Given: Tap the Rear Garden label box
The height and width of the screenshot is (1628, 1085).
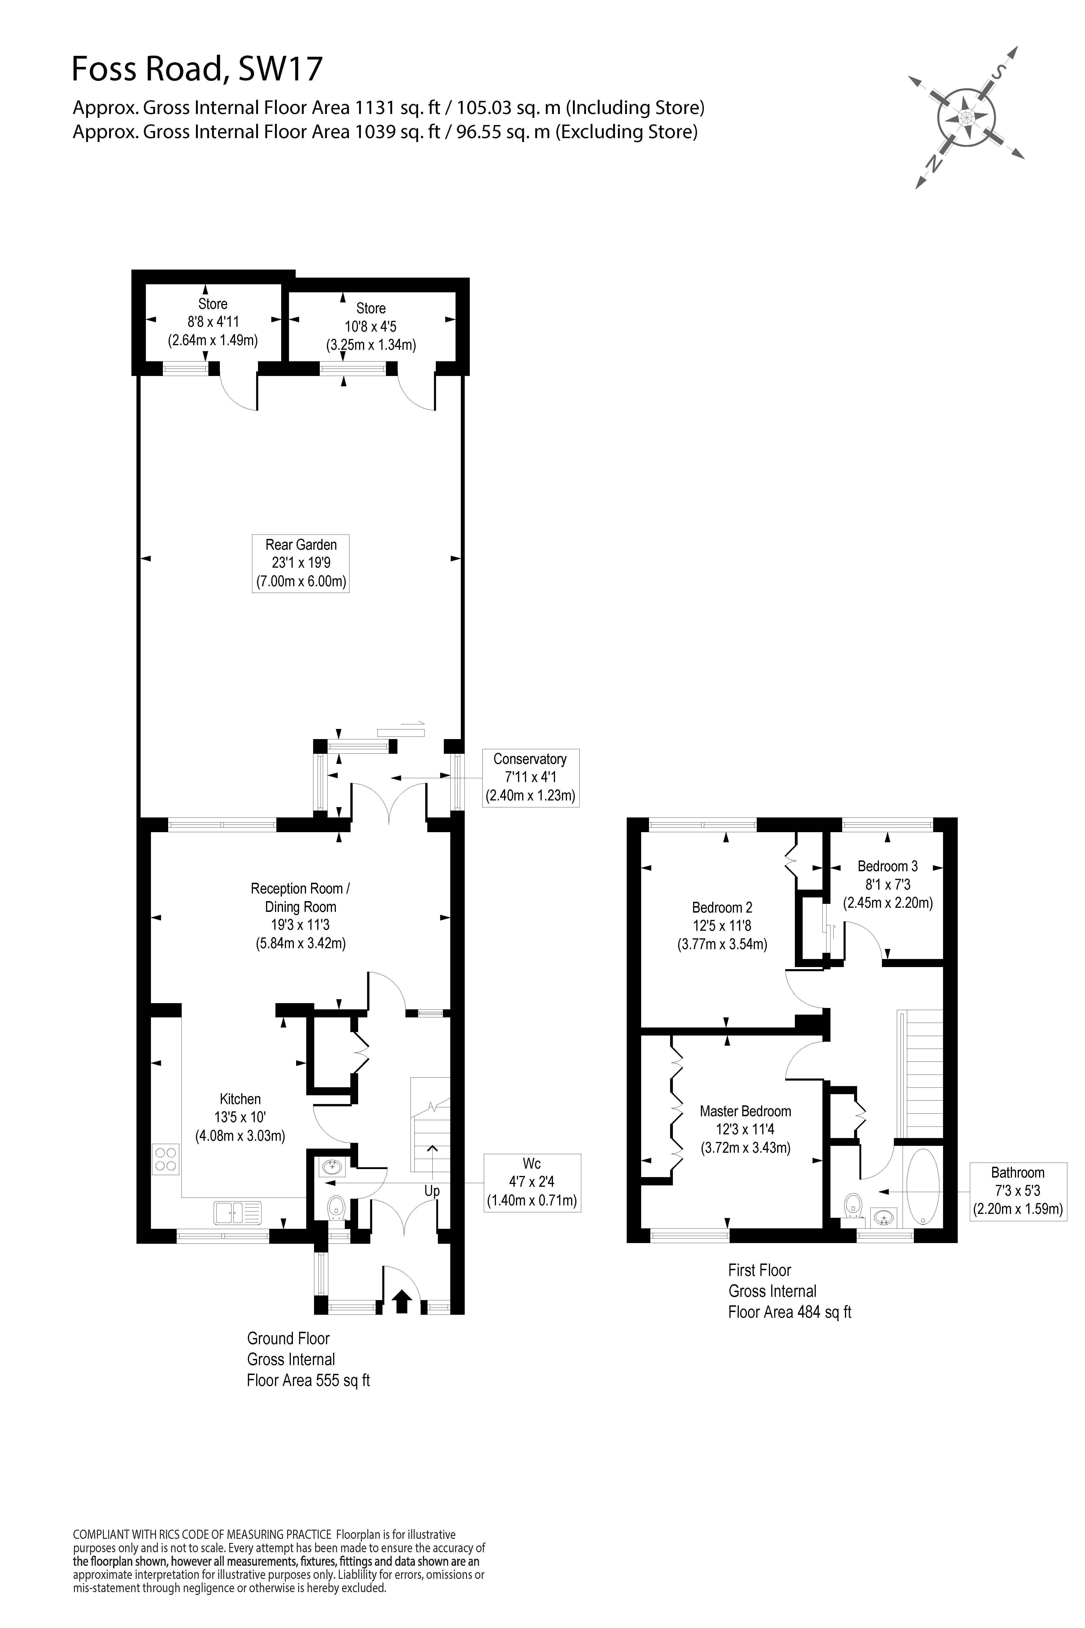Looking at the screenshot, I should (x=300, y=563).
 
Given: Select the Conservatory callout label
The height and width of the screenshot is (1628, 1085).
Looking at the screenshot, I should (x=530, y=777).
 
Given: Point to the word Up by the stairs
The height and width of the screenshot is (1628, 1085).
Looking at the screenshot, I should (x=432, y=1191).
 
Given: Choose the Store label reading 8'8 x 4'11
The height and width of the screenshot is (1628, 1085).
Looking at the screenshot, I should (x=212, y=322).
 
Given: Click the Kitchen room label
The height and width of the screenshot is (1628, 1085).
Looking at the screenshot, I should (x=240, y=1099).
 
